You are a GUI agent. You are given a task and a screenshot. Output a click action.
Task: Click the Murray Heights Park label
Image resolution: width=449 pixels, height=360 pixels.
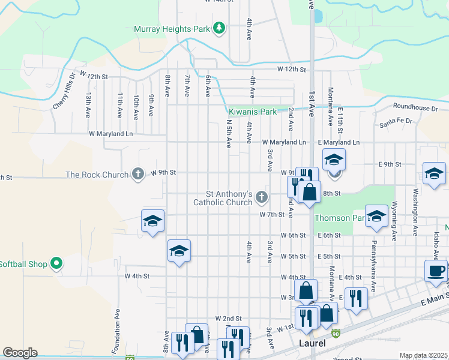click(x=172, y=28)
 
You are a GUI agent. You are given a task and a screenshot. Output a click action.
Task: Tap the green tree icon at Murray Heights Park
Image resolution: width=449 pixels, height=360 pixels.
click(x=220, y=28)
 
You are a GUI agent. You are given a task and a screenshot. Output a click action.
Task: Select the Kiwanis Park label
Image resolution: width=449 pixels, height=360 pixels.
click(x=252, y=112)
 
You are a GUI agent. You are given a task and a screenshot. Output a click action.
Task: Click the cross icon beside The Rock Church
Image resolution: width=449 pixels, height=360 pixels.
click(x=137, y=175)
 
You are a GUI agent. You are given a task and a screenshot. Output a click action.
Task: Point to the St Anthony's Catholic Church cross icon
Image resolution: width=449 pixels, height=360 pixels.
click(x=261, y=196)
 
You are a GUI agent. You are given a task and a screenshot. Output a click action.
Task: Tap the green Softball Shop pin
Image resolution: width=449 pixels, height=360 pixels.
click(x=56, y=263)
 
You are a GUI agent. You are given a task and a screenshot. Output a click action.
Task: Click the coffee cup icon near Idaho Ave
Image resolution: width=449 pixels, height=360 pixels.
click(x=435, y=271)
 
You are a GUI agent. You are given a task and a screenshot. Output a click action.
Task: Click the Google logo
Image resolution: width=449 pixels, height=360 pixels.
click(x=20, y=353)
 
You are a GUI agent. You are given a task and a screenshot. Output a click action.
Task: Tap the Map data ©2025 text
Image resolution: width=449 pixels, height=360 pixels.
click(x=424, y=355)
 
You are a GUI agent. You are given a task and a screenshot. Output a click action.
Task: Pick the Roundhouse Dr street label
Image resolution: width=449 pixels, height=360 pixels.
click(x=415, y=108)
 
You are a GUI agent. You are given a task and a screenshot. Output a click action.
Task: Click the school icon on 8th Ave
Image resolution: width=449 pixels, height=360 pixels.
click(x=179, y=252)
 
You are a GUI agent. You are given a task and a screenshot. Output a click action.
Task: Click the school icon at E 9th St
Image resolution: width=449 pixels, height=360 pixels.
click(x=334, y=160)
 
